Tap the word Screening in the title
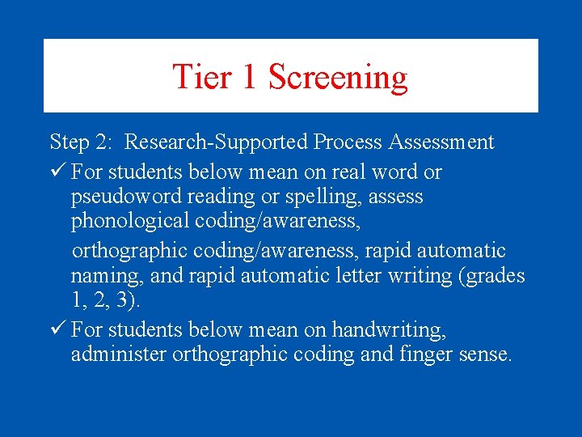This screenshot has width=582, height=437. tap(338, 78)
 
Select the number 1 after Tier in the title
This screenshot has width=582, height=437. tap(250, 77)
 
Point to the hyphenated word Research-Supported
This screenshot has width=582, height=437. tap(216, 143)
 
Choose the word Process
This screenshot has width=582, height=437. tap(348, 143)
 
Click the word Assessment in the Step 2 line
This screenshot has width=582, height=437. tap(441, 143)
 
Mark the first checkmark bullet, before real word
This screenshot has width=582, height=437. tap(57, 172)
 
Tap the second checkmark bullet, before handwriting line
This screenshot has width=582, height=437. tap(57, 329)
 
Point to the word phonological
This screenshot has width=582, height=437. tap(125, 221)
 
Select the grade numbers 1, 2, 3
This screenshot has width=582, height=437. tap(105, 301)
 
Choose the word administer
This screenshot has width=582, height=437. tap(119, 354)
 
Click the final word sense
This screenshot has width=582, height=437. tap(483, 355)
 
